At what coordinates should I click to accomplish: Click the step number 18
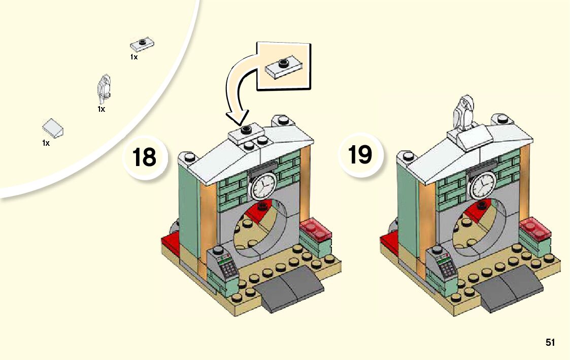pos(144,157)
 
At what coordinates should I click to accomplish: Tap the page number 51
pos(550,343)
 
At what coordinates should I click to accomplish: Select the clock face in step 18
pos(262,186)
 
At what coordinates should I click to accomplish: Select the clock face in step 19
pos(482,185)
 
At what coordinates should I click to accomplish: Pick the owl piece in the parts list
pos(105,87)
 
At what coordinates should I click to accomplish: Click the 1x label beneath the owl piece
pos(101,109)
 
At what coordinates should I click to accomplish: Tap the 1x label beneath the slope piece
pos(46,143)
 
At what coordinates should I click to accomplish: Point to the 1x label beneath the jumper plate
pos(134,57)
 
